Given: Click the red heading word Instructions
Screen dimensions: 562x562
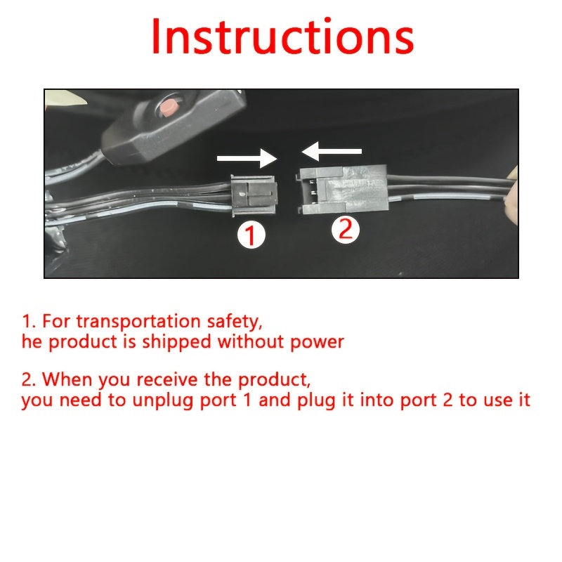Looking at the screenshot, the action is click(282, 37).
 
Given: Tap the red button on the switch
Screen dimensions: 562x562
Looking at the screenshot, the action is click(168, 107).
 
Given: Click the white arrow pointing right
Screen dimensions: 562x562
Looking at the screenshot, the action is click(247, 158).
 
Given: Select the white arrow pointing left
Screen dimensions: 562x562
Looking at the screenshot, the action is click(332, 151).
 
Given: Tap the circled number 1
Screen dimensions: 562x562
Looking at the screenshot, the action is click(251, 235).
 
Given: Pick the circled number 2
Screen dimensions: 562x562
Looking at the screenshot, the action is click(345, 229).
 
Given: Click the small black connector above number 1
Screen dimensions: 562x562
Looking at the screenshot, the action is click(254, 195).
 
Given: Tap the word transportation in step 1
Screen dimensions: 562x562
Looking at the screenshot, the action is click(138, 321).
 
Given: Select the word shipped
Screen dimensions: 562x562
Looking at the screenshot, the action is click(177, 342).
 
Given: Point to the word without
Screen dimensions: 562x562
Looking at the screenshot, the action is click(251, 341).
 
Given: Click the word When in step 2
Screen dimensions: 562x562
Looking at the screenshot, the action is click(67, 379).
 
